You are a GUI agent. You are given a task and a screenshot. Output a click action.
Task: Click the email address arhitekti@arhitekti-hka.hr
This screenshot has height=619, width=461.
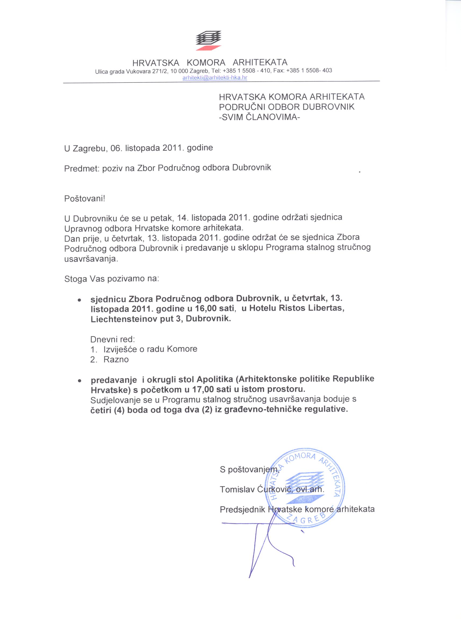click(x=215, y=78)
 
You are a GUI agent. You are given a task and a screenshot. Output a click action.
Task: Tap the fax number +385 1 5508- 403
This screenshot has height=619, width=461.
click(x=309, y=70)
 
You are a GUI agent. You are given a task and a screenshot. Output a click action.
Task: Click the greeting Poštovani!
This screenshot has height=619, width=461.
click(x=85, y=199)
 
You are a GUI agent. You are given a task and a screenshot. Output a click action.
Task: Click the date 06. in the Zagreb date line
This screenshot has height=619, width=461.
click(x=116, y=148)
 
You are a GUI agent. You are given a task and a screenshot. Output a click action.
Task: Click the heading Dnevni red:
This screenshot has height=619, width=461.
click(x=113, y=339)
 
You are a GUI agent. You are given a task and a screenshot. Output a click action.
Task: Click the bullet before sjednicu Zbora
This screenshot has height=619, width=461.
click(x=80, y=300)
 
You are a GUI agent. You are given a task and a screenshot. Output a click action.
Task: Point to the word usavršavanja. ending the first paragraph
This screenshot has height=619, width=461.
click(x=91, y=259)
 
